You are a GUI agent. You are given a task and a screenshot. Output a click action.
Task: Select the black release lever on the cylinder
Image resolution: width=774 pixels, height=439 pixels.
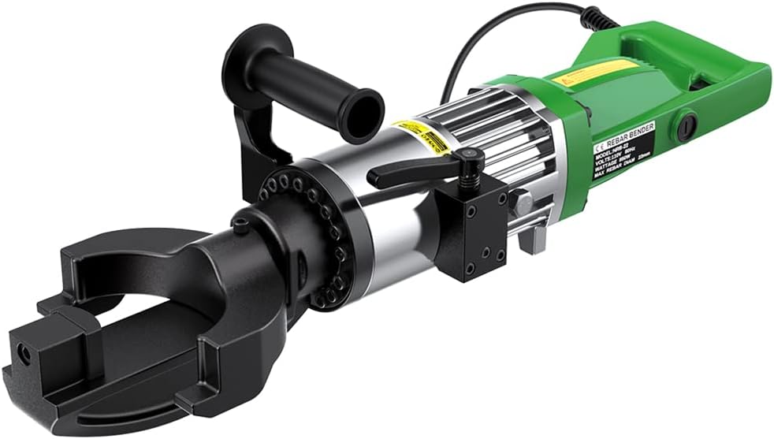click(418, 169)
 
